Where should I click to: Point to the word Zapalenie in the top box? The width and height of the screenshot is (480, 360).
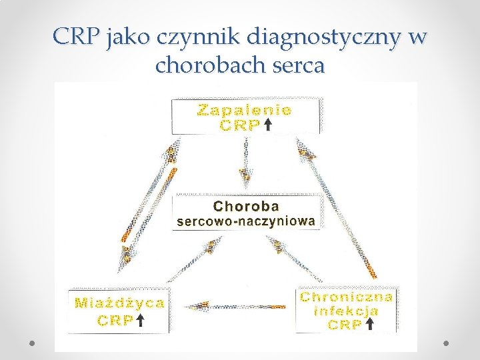[245, 111]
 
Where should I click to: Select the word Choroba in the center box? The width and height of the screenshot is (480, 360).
[246, 206]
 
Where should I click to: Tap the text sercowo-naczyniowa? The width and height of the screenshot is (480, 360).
[246, 221]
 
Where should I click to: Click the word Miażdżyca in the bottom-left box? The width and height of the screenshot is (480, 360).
[120, 303]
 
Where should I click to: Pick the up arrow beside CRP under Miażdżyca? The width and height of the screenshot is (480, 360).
[141, 321]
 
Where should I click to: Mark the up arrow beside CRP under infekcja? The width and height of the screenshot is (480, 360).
[370, 325]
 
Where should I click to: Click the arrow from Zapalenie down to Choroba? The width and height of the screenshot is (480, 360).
[246, 163]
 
